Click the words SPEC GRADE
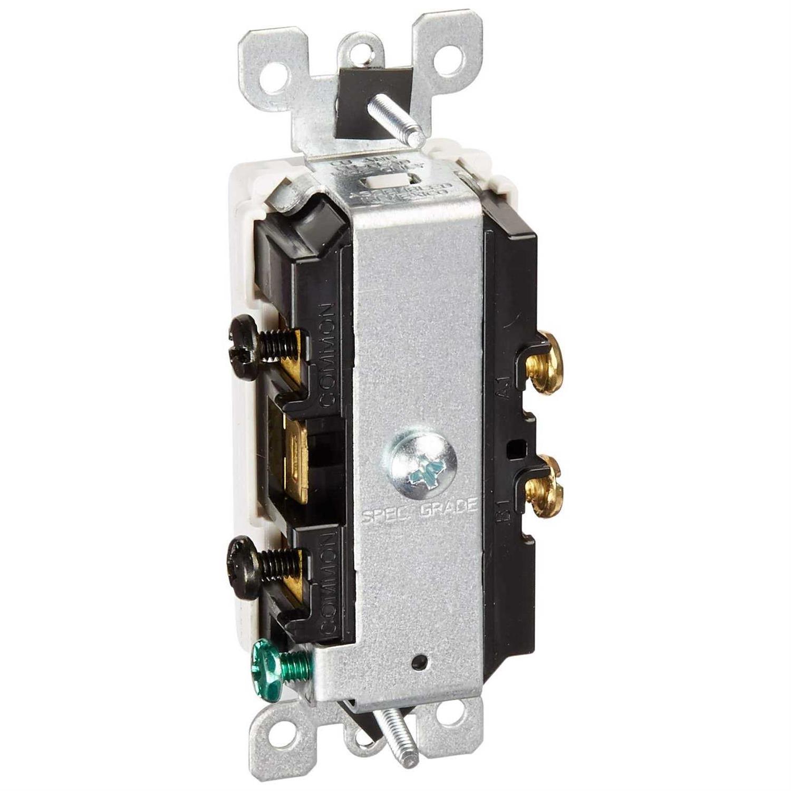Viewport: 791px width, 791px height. [420, 510]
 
